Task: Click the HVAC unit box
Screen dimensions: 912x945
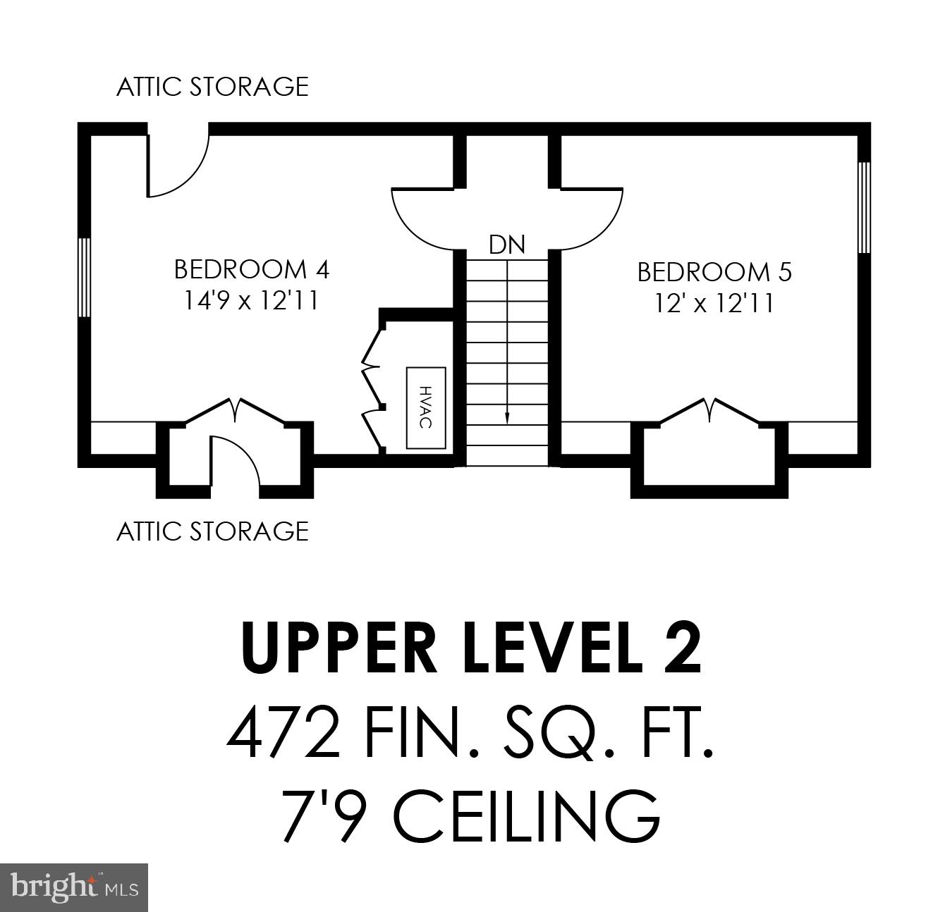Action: point(425,407)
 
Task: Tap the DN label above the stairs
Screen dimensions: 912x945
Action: point(507,245)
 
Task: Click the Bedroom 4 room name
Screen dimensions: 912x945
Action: point(251,269)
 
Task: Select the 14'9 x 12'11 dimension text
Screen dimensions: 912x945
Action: point(251,301)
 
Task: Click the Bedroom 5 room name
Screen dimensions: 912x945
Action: point(714,271)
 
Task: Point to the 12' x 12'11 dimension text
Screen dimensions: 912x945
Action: point(714,303)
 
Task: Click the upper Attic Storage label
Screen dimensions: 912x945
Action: point(212,87)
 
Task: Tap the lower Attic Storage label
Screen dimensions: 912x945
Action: point(212,531)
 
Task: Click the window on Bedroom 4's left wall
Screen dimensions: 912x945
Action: point(84,277)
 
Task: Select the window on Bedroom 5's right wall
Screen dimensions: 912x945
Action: point(863,207)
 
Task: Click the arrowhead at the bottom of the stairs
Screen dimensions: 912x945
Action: point(507,419)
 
